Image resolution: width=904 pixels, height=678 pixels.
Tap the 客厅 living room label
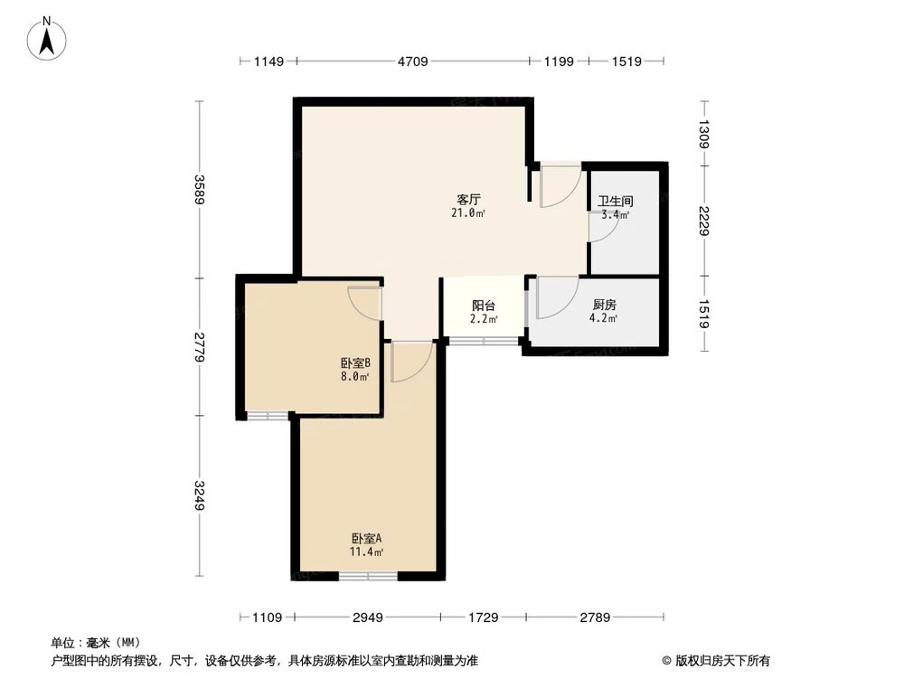tap(467, 200)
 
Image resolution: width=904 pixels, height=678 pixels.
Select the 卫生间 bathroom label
tap(615, 202)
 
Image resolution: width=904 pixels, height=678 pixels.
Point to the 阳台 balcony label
tap(484, 306)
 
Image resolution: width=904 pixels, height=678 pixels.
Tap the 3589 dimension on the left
tap(199, 189)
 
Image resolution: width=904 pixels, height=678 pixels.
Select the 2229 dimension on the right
tap(703, 220)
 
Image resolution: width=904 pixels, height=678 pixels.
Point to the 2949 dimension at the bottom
tap(368, 617)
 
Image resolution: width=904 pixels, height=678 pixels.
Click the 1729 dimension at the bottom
tap(483, 617)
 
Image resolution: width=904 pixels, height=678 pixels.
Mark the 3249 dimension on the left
tap(199, 495)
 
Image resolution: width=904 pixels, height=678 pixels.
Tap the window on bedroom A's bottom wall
tap(368, 576)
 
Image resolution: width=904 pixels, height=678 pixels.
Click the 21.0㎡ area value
tap(467, 214)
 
